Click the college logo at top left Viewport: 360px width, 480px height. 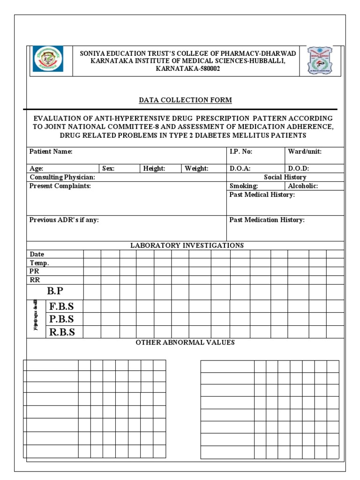pos(47,60)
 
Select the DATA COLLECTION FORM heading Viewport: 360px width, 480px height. pos(185,100)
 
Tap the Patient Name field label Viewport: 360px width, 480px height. pos(51,151)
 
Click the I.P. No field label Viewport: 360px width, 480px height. pos(241,151)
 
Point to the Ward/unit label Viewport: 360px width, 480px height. pos(305,151)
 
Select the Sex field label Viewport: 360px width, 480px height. pos(108,168)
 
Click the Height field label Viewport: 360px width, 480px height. pos(154,168)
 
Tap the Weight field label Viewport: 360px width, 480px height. pos(196,168)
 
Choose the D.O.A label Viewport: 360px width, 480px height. pos(240,168)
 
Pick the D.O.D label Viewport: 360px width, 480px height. pos(299,168)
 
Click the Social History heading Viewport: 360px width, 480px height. pos(285,177)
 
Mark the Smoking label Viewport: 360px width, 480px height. pos(244,186)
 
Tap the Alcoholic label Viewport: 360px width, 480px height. pos(303,186)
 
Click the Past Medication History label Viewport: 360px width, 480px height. pos(267,220)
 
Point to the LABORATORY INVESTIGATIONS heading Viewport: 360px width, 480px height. pos(187,245)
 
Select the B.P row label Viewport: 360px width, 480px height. pos(55,291)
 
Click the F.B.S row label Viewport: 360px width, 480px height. pos(62,307)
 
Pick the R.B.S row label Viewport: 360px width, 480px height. pos(62,332)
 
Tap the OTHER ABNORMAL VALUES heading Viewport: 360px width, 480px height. pos(185,343)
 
